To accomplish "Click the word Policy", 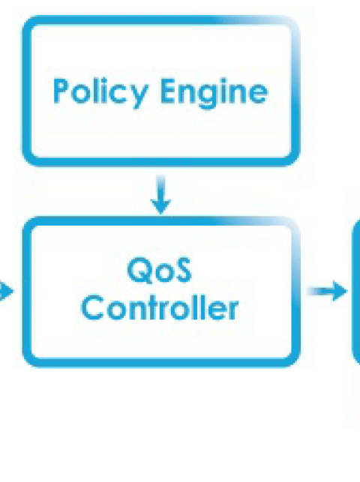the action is point(100,93).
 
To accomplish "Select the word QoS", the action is point(160,271).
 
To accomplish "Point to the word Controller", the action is point(160,307).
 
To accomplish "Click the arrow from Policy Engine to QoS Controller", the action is point(160,194).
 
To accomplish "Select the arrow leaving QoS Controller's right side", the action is point(327,291).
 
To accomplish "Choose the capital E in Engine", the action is point(168,91).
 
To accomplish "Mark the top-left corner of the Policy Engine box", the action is point(23,16).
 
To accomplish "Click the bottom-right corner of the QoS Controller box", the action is point(298,366).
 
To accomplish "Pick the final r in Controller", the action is point(233,310).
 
